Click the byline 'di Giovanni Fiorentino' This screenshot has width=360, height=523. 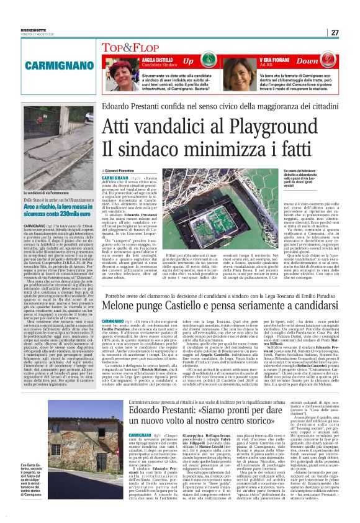(x=119, y=170)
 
